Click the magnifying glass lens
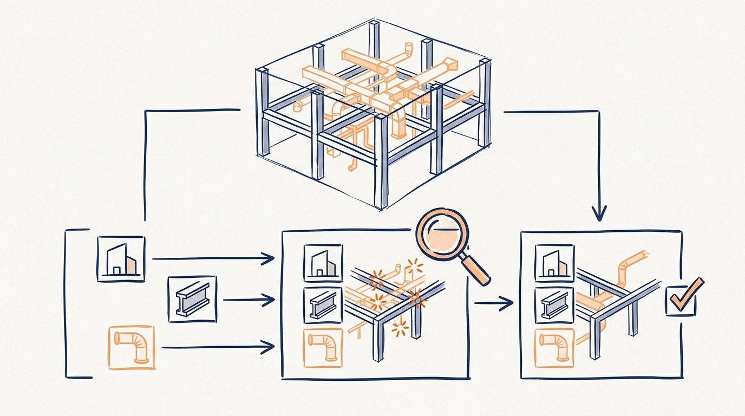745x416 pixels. [x=442, y=236]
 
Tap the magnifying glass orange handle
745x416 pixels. [x=477, y=270]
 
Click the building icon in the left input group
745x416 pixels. [x=121, y=259]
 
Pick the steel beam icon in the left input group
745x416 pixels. [x=192, y=299]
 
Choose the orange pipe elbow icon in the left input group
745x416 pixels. [x=132, y=347]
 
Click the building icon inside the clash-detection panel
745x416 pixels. [x=323, y=263]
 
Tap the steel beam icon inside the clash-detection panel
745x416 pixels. [x=323, y=305]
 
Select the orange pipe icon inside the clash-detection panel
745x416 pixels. [x=323, y=347]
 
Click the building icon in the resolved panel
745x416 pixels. [x=554, y=263]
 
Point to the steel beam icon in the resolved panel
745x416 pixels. [x=554, y=305]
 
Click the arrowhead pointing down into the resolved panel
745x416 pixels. [x=598, y=212]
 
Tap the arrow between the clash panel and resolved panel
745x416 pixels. [x=493, y=303]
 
